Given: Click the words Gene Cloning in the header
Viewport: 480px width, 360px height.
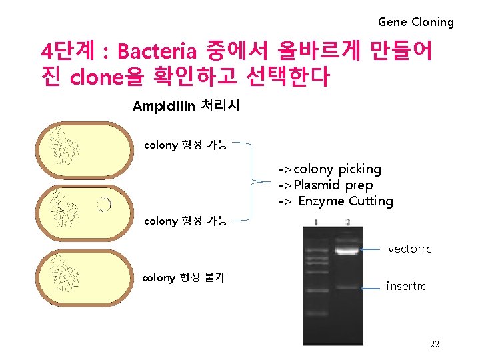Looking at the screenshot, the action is pos(415,22).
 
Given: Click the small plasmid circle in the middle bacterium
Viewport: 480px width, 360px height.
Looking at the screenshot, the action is pos(103,205).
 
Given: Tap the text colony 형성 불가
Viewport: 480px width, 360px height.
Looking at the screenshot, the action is pos(183,277).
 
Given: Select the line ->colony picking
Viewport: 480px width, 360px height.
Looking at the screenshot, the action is pos(329,169).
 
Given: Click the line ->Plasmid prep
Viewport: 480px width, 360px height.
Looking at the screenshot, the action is pos(325,185).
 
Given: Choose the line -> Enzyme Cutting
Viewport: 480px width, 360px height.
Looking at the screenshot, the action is pos(335,201).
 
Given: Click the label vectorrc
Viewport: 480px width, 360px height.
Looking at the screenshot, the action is pos(409,249).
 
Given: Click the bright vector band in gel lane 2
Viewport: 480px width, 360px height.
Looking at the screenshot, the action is pos(347,251).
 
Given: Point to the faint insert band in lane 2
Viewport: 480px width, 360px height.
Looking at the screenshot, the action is pos(347,287).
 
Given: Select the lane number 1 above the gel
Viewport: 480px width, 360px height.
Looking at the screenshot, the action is pos(316,221).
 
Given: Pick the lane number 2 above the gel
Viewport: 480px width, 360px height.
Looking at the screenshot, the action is pos(348,221).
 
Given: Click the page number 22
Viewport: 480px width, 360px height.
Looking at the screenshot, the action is pos(434,344).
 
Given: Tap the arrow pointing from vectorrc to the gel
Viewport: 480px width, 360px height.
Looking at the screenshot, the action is pos(373,250).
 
